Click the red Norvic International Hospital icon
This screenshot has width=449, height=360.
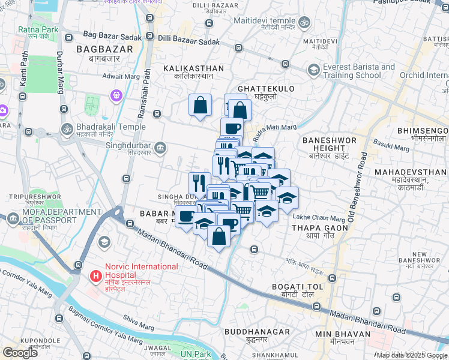pos(95,276)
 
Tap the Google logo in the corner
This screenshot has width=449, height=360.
pos(20,352)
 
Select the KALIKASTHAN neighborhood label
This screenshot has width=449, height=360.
pos(194,69)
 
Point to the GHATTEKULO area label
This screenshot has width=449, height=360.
pos(266,89)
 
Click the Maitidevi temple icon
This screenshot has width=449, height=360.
pos(304,22)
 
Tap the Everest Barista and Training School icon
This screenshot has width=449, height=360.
pos(313,70)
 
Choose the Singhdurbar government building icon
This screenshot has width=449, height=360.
pos(160,147)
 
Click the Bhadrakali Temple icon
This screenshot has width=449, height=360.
pos(66,129)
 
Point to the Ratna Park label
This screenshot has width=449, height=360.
pos(38,29)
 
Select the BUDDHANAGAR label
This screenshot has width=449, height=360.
pos(257,332)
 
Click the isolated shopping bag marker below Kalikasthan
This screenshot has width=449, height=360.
pos(200,106)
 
